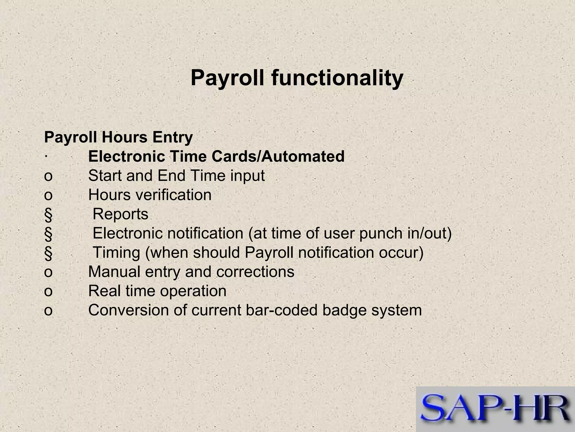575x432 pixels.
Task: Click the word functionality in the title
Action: pyautogui.click(x=337, y=78)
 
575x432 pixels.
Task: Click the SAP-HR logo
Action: pyautogui.click(x=495, y=409)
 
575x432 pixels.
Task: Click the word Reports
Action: pyautogui.click(x=120, y=214)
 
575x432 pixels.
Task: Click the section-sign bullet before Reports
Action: pyautogui.click(x=48, y=215)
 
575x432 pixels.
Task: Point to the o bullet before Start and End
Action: pyautogui.click(x=48, y=176)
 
